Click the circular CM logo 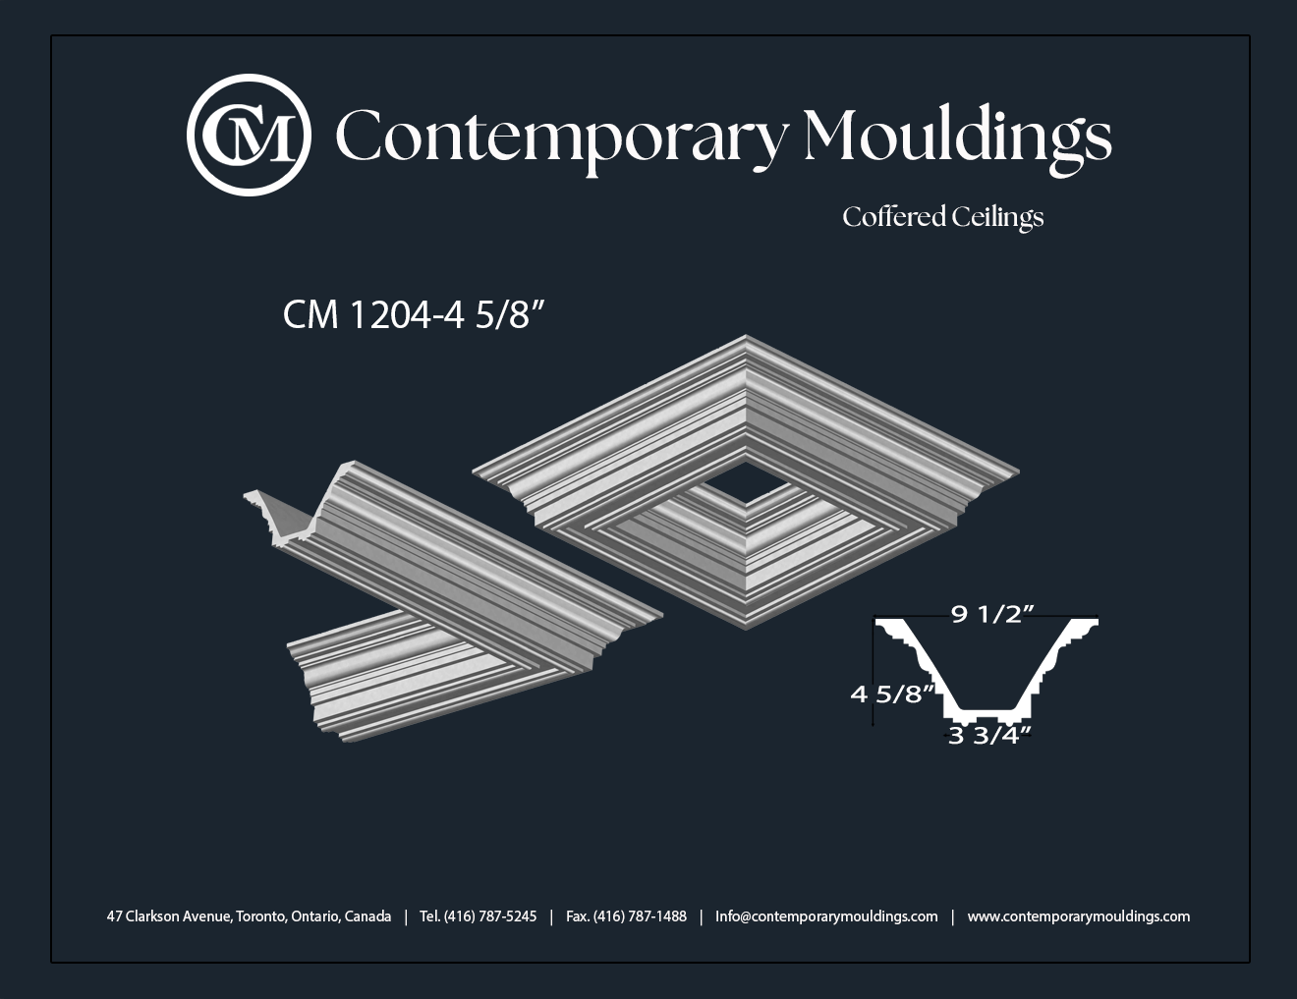pyautogui.click(x=249, y=135)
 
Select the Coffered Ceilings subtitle pyautogui.click(x=943, y=217)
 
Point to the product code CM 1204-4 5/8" pyautogui.click(x=414, y=314)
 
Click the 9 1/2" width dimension pyautogui.click(x=992, y=614)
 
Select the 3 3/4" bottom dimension pyautogui.click(x=989, y=737)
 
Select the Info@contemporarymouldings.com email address pyautogui.click(x=826, y=916)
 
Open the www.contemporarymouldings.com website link pyautogui.click(x=1079, y=916)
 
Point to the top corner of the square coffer pyautogui.click(x=746, y=336)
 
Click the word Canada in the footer pyautogui.click(x=367, y=916)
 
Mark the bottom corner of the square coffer pyautogui.click(x=746, y=628)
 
